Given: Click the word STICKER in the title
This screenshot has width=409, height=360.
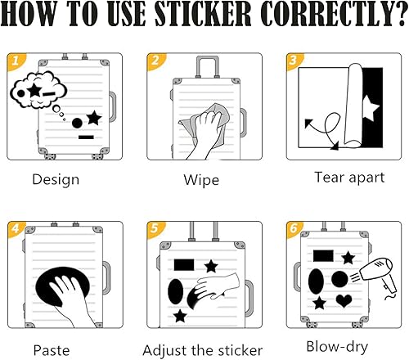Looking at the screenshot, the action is pyautogui.click(x=203, y=14).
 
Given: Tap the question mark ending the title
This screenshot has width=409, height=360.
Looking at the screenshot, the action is pyautogui.click(x=399, y=14).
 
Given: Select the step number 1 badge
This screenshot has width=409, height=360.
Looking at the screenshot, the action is pyautogui.click(x=16, y=61).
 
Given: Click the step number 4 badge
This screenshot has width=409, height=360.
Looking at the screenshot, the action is pyautogui.click(x=16, y=228).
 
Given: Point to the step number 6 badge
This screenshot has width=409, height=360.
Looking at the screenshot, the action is pyautogui.click(x=294, y=228).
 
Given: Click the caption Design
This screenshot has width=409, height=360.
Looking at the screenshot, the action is pyautogui.click(x=56, y=179).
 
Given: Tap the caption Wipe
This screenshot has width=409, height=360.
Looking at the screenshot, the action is pyautogui.click(x=201, y=180).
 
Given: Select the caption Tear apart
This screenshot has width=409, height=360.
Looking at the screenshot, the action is pyautogui.click(x=349, y=178).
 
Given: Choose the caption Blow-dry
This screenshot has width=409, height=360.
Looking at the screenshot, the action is pyautogui.click(x=337, y=347).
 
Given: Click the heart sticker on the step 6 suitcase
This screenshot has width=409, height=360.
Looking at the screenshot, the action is pyautogui.click(x=344, y=301).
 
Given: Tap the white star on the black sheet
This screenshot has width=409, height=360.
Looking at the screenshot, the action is pyautogui.click(x=370, y=108).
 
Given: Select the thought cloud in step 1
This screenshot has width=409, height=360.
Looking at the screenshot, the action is pyautogui.click(x=38, y=91).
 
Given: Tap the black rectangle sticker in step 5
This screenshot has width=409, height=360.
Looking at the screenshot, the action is pyautogui.click(x=184, y=265).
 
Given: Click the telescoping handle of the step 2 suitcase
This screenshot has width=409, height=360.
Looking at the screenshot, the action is pyautogui.click(x=207, y=67).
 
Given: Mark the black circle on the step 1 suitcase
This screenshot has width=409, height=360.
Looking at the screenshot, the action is pyautogui.click(x=77, y=123).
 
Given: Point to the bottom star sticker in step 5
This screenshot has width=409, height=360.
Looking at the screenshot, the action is pyautogui.click(x=180, y=316).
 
